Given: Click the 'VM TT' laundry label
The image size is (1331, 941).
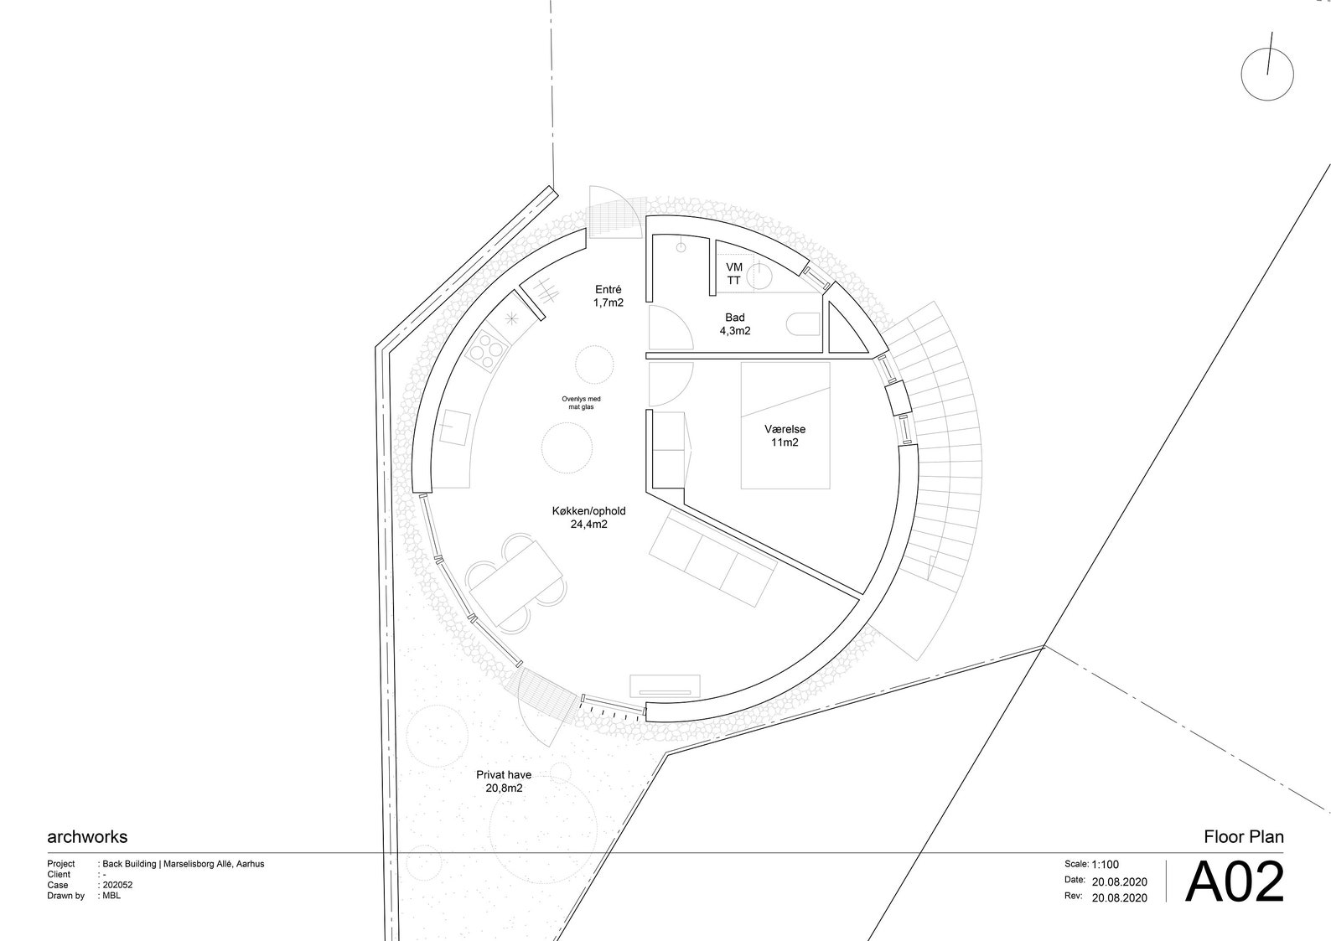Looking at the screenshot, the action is (x=734, y=274).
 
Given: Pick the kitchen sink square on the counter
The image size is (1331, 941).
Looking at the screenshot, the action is (x=455, y=428).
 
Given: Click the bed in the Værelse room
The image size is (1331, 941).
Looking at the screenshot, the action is (x=785, y=426).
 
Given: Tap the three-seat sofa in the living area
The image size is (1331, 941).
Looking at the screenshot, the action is (x=712, y=557).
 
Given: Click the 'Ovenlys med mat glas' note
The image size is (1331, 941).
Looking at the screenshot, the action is (x=581, y=403).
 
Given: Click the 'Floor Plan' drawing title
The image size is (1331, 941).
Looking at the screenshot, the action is (x=1244, y=837).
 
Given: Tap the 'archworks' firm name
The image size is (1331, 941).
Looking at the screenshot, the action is (x=87, y=837).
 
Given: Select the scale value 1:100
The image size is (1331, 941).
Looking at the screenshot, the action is (x=1106, y=865).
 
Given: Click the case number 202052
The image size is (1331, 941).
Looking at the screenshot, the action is (x=117, y=885).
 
